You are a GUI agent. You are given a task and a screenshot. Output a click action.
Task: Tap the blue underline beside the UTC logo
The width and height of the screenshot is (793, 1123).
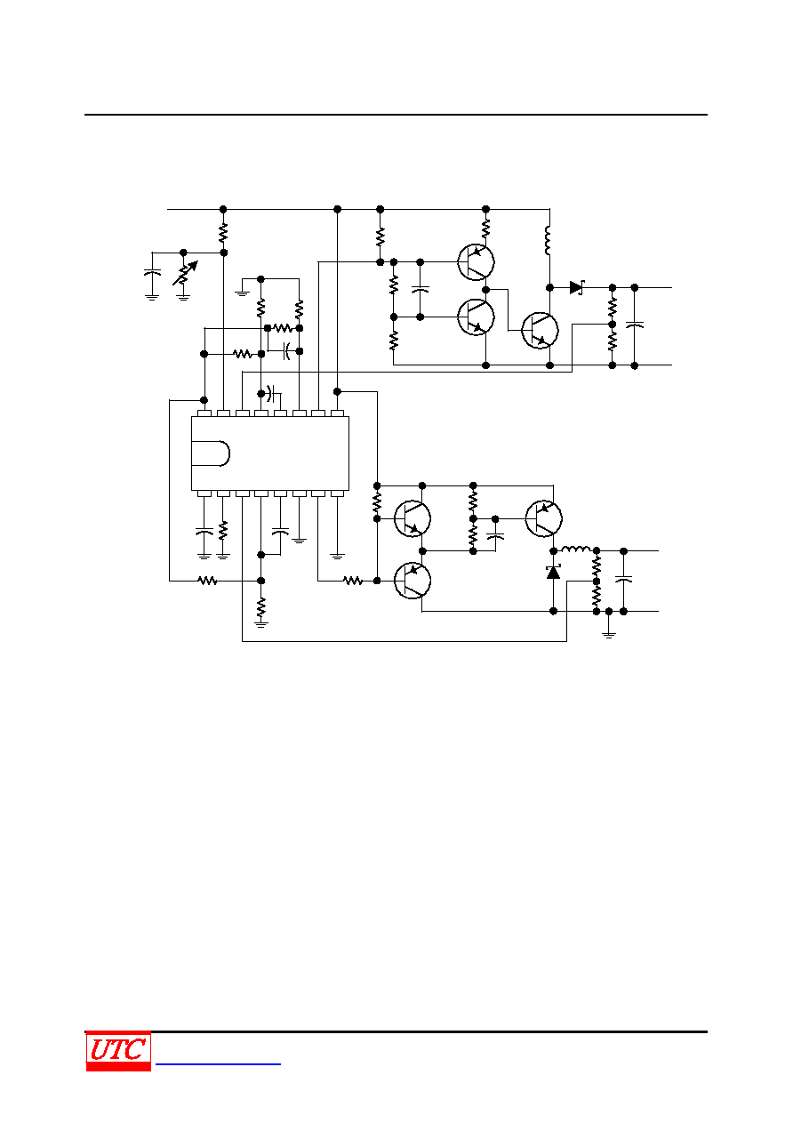[218, 1063]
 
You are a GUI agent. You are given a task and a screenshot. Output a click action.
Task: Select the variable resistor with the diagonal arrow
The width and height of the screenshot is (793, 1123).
[184, 274]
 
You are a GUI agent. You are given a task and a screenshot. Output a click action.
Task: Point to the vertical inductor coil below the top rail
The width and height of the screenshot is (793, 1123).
[548, 240]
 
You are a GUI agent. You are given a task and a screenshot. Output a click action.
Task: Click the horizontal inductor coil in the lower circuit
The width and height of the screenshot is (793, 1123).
[576, 549]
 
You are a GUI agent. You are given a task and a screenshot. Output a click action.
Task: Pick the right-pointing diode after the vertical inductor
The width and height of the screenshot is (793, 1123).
[577, 288]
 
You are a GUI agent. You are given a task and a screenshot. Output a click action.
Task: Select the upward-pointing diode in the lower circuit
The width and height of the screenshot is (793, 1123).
[553, 572]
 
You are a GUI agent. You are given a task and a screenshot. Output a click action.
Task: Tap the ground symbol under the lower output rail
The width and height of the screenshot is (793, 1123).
[609, 634]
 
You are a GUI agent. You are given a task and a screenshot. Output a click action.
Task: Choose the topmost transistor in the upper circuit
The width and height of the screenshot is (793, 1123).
[476, 261]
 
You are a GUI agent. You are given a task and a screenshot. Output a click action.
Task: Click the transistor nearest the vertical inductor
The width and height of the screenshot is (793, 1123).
[540, 331]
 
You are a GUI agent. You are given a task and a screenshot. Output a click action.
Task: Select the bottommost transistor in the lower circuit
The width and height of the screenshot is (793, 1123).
[413, 581]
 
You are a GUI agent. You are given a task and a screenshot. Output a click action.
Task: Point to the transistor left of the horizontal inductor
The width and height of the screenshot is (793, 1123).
[544, 518]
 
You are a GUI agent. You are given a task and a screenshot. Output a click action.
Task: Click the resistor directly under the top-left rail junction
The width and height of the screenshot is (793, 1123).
[223, 233]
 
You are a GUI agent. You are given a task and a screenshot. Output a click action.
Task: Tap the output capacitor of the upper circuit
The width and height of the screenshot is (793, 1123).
[635, 325]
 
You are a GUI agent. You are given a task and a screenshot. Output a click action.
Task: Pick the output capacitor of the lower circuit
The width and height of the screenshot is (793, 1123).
[623, 580]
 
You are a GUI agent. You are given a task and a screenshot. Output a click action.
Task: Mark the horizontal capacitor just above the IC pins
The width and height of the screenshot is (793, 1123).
[271, 393]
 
